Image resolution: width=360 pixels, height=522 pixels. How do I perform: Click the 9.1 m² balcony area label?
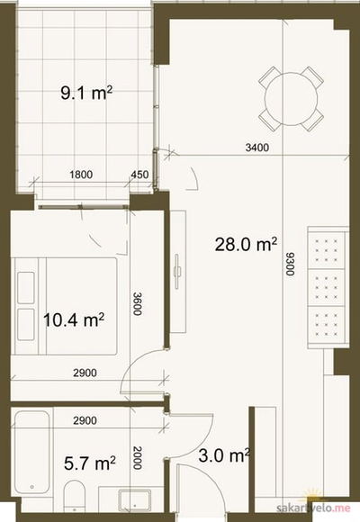point(86,93)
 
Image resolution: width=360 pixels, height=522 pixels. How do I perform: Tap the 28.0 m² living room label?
point(246,245)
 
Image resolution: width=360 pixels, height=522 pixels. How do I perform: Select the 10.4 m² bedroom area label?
point(74,319)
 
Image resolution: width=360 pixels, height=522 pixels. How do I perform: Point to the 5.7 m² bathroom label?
point(90,463)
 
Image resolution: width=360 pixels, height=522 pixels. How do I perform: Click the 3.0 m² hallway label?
point(224,455)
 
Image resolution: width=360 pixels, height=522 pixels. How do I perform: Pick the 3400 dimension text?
point(257,147)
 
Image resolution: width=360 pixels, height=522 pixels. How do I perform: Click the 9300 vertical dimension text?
point(290,264)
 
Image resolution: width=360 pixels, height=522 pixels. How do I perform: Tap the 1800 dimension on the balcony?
point(81,175)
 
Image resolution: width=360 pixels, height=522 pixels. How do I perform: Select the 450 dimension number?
point(139,175)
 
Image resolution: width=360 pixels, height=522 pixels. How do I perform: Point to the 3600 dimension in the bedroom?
point(137,303)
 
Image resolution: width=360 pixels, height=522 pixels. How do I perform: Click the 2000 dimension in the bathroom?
point(137,457)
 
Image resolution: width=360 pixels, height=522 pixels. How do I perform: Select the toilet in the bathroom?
point(74,496)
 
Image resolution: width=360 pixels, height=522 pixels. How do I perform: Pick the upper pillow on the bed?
point(26,288)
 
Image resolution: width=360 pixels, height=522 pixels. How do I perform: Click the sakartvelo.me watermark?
point(314,508)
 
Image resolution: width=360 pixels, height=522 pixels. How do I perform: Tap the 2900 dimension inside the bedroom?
point(85,373)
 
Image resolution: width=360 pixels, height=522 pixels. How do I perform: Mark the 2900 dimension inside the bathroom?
point(85,420)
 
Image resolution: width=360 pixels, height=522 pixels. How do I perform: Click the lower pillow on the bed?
point(26,325)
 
